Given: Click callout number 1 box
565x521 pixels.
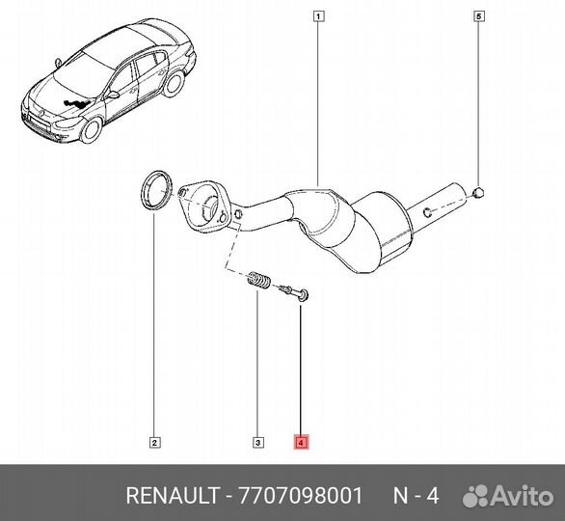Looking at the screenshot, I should tap(318, 15).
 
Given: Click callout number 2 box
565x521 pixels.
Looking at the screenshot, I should tap(154, 443).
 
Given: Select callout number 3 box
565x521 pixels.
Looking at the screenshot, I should tap(257, 443).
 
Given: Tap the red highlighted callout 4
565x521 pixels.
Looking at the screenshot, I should tap(302, 443).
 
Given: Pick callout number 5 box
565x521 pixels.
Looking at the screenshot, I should tap(478, 15).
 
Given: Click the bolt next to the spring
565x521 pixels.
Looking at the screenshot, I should tap(293, 289).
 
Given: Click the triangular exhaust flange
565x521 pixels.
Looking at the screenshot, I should tap(203, 206).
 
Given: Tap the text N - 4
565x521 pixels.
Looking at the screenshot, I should tap(417, 496).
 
